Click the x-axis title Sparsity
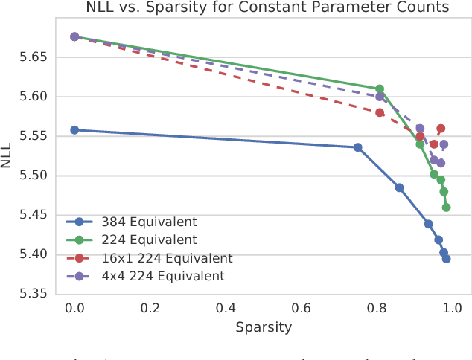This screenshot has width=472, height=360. pos(263,327)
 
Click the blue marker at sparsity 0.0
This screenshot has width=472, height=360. pos(74,130)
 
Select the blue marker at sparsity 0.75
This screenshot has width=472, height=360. pos(357,147)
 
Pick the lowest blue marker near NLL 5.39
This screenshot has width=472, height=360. pos(446,259)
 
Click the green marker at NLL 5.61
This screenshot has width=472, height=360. pos(380,89)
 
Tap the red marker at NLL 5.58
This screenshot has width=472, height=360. pos(380,113)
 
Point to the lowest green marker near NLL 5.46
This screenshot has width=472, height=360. pos(446,208)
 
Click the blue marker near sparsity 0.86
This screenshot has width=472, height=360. pos(399,187)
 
